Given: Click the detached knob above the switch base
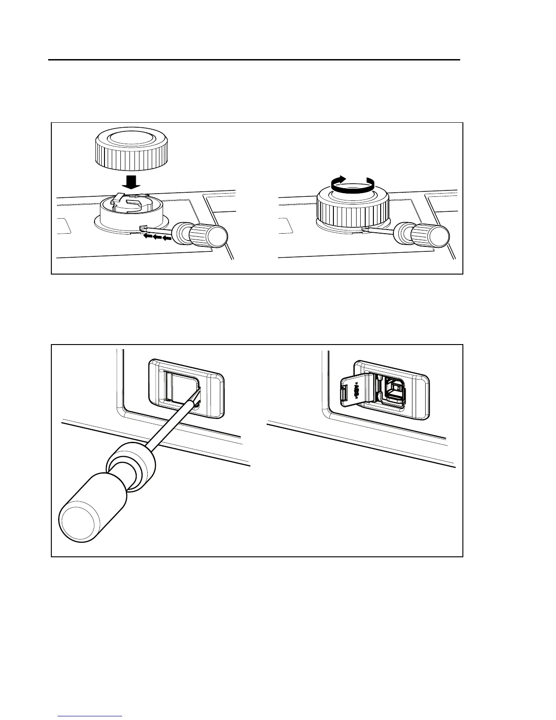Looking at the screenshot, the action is (132, 148).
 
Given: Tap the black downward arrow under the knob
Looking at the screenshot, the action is (132, 182).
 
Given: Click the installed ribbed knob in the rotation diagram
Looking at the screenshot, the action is (352, 209).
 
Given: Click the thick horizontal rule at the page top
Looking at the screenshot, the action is (254, 60).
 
